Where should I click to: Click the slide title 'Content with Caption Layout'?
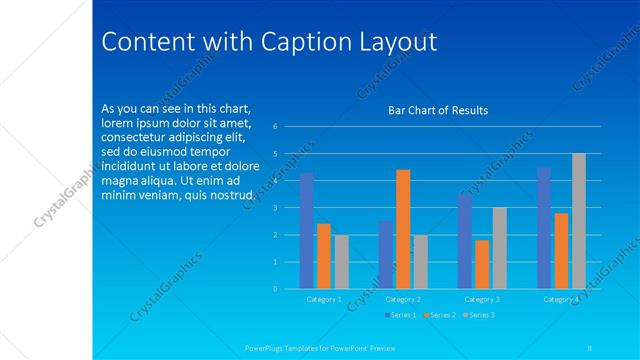270,42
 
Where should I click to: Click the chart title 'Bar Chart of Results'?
437,110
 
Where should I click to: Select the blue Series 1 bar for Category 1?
306,231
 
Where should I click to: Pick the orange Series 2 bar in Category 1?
324,256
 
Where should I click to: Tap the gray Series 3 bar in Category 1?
341,262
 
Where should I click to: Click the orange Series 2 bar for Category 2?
403,229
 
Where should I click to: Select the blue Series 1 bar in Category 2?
386,255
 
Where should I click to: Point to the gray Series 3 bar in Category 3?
499,248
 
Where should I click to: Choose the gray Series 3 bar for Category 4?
578,221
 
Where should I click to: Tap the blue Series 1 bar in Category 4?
544,228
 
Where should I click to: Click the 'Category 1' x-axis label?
323,299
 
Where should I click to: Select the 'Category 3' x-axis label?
482,299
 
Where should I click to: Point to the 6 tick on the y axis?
288,127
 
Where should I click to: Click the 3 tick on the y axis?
288,208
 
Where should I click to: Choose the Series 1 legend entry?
400,315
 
